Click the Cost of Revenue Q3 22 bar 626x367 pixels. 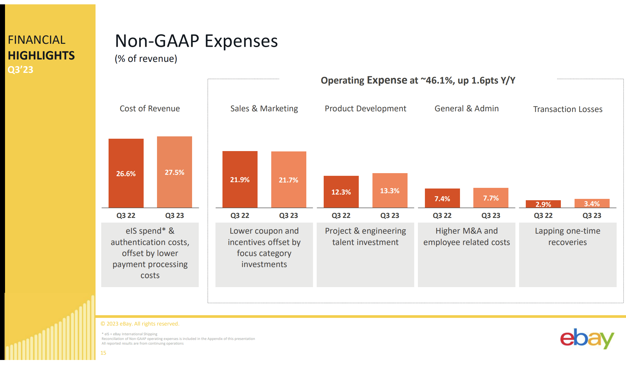pos(126,173)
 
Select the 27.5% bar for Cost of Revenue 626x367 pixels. pos(174,172)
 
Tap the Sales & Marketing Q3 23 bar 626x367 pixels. pos(289,179)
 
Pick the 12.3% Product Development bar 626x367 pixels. pos(341,192)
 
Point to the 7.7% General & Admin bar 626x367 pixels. pos(491,198)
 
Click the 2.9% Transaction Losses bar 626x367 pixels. pos(543,204)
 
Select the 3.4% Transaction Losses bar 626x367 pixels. pos(592,203)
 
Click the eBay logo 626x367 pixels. pos(587,339)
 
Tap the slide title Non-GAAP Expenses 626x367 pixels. pos(196,41)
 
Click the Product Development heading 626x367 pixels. pos(365,109)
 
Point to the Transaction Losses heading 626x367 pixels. pos(568,109)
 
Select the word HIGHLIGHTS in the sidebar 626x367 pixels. pos(41,55)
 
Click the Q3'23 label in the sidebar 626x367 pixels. pos(21,70)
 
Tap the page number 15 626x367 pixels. pos(104,353)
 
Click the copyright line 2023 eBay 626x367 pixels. pos(140,324)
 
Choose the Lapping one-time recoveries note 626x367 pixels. pos(568,237)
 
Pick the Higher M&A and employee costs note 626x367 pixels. pos(466,237)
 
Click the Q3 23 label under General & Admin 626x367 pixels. pos(491,216)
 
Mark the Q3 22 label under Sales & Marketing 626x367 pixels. pos(240,216)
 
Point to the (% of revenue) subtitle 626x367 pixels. pos(146,59)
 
